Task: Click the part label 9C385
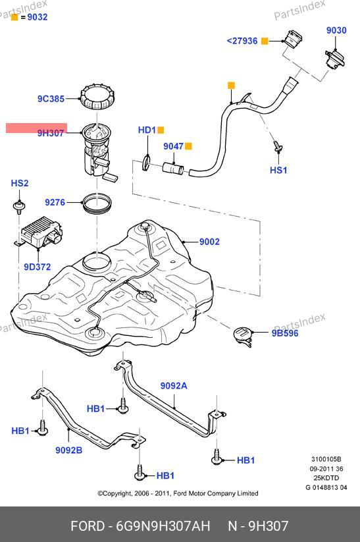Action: (51, 99)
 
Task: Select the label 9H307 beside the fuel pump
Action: (51, 133)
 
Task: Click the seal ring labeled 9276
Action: (97, 204)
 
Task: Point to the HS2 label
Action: (20, 183)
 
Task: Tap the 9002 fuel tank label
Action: (209, 242)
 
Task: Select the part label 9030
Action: (336, 30)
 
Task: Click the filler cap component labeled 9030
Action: (334, 60)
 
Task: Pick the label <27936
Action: (242, 41)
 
